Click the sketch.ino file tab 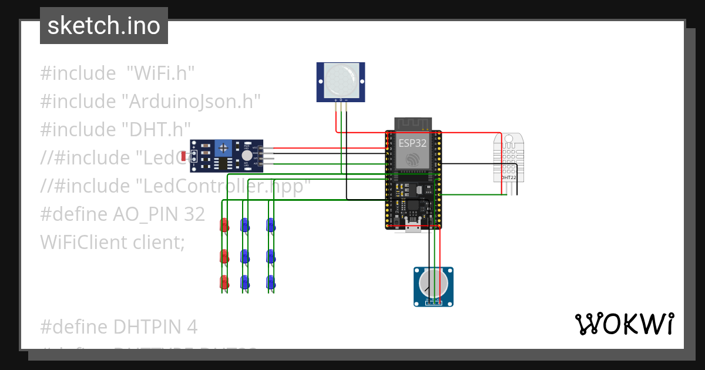(x=104, y=26)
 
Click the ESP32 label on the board (x=412, y=143)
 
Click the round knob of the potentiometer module (x=433, y=284)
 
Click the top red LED (x=224, y=225)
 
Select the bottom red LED (x=224, y=282)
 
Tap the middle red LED (x=224, y=256)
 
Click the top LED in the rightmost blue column (x=270, y=225)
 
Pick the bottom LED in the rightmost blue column (x=270, y=282)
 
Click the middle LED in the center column (x=244, y=256)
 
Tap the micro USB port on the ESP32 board (x=413, y=227)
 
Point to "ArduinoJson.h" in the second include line (x=191, y=101)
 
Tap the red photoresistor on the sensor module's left (x=184, y=156)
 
